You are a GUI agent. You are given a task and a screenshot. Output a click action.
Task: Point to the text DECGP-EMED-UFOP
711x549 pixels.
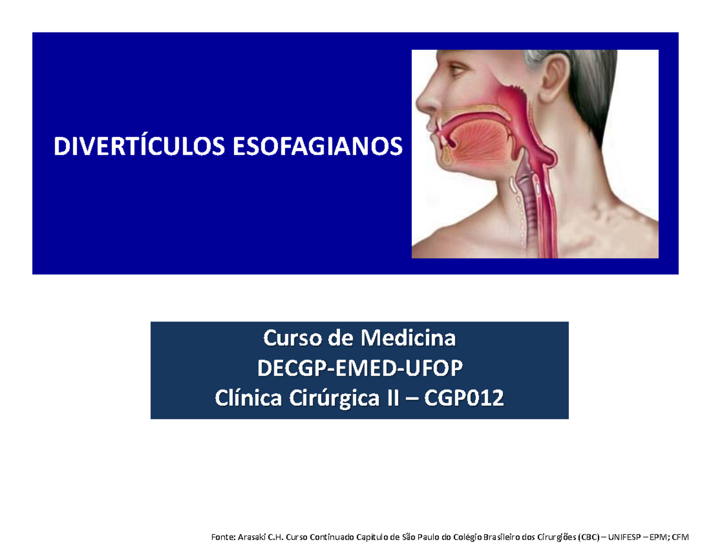[360, 370]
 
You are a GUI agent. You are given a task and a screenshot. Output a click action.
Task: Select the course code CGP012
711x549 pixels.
[467, 400]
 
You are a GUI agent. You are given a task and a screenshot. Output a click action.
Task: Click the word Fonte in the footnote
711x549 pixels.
[222, 537]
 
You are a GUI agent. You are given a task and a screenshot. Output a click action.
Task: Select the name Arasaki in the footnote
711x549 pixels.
[252, 537]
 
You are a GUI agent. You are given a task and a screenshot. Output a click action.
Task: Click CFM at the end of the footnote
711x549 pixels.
[672, 537]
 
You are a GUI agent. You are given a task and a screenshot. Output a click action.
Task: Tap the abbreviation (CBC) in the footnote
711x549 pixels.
[589, 537]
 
